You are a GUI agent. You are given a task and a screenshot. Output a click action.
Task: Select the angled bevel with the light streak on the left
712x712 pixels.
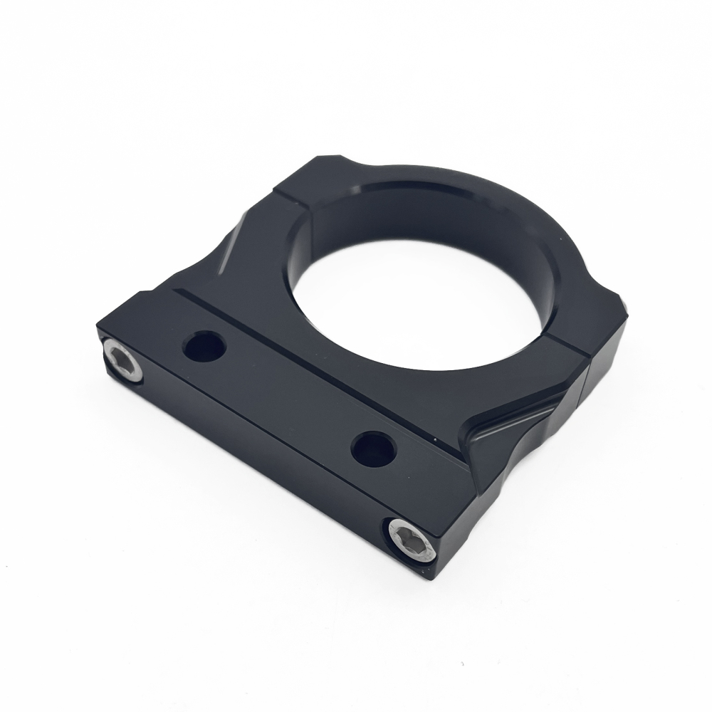[x=231, y=246]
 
